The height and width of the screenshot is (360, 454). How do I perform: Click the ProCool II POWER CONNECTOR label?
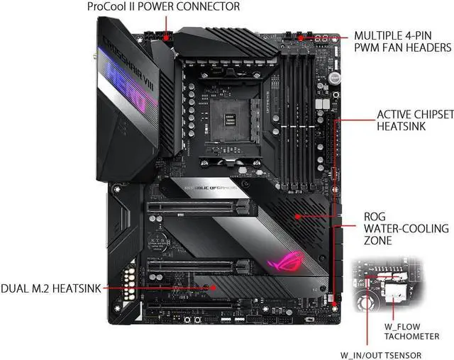click(163, 6)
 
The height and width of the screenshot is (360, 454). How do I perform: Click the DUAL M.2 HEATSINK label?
click(50, 288)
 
